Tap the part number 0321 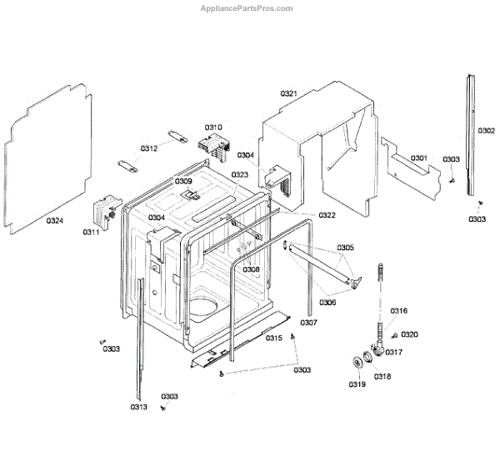(288, 93)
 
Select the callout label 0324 (54, 221)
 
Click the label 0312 (148, 148)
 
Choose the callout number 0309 (183, 181)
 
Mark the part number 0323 (240, 175)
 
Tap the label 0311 (90, 233)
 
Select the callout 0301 (418, 158)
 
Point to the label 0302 (487, 131)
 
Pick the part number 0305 (345, 248)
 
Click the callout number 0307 (308, 322)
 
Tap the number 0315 (273, 338)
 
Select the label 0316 (399, 311)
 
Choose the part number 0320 (409, 334)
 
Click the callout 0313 (138, 407)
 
